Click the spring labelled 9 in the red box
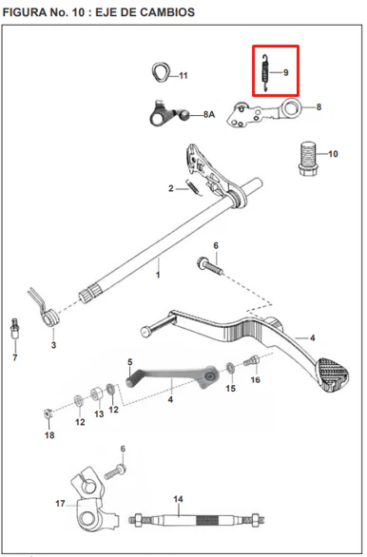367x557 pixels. pos(264,73)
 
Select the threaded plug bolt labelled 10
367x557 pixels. pos(307,159)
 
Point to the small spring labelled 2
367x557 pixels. pos(194,187)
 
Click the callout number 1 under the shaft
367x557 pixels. pos(158,275)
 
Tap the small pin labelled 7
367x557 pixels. pos(15,328)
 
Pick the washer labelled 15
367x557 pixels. pos(230,368)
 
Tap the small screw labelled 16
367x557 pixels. pos(251,361)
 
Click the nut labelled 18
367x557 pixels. pos(48,413)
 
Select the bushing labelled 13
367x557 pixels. pos(96,394)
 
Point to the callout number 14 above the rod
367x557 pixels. pos(178,499)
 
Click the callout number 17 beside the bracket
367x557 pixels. pos(60,504)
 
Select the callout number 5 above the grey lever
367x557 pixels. pos(130,362)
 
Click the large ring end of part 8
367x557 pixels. pos(291,106)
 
